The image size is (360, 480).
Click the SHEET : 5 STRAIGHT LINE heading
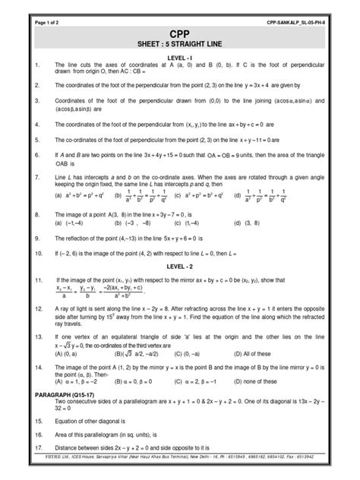(179, 48)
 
